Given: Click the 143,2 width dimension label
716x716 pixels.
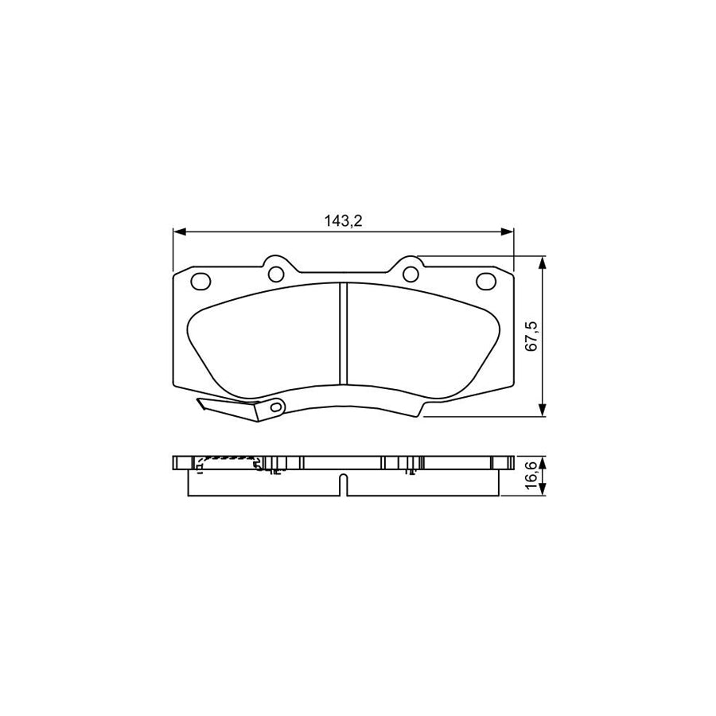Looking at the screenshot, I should [x=343, y=221].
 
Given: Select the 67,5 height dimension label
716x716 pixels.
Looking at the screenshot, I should [x=533, y=336].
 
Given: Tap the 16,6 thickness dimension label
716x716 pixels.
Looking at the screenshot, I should [x=533, y=477].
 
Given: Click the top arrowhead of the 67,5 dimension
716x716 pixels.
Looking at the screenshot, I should [x=543, y=262].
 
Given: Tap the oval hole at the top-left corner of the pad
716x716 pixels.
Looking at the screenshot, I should [x=200, y=281].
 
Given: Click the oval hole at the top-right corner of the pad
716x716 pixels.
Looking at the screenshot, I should [x=485, y=281].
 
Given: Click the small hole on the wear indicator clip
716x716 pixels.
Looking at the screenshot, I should [x=276, y=407].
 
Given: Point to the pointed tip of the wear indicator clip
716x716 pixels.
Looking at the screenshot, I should [x=200, y=403].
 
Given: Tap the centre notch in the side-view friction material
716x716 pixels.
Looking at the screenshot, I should [x=343, y=484].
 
